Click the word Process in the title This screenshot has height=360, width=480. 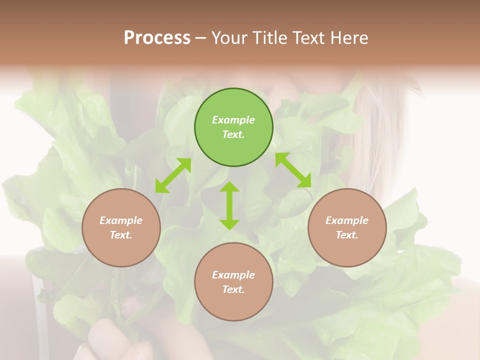tap(157, 38)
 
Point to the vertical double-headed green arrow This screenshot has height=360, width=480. tap(229, 205)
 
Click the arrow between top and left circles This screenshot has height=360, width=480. tap(173, 175)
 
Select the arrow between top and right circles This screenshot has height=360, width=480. tap(293, 170)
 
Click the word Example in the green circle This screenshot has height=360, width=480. tap(233, 120)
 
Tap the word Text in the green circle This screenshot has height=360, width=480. tap(233, 134)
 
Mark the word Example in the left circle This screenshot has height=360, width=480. tap(121, 220)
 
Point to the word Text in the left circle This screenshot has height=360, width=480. tap(121, 235)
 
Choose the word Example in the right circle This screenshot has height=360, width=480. tap(347, 220)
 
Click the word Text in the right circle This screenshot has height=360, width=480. tap(347, 235)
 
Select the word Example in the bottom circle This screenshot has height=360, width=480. tap(233, 275)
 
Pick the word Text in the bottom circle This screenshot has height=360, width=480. tap(233, 289)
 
